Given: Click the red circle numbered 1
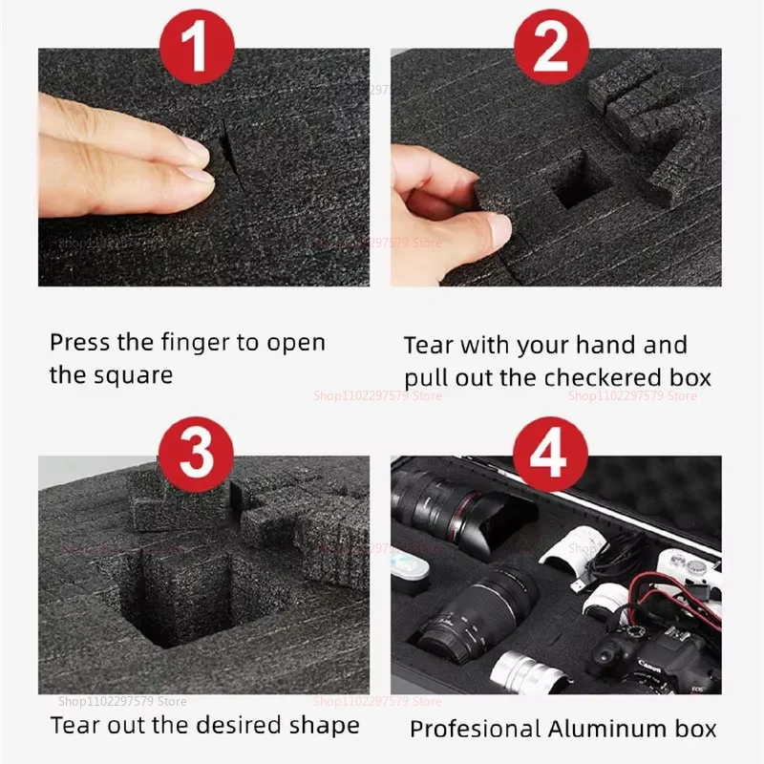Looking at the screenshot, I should tap(197, 44).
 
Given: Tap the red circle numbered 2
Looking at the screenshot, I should tap(549, 44).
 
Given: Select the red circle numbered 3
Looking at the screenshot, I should tap(197, 453).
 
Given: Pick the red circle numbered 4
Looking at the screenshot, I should tap(549, 453).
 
